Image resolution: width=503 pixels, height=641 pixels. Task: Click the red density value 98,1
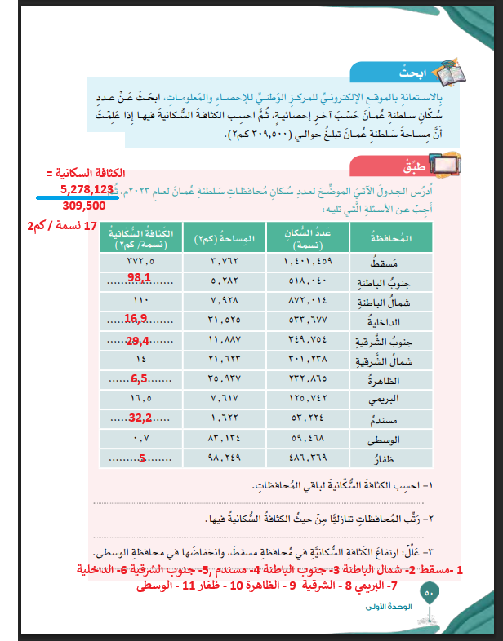139,279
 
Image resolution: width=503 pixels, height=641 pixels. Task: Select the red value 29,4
136,341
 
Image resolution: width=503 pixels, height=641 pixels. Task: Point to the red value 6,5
139,379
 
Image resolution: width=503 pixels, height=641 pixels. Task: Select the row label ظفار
385,458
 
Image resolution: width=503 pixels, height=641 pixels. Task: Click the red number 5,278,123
86,189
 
